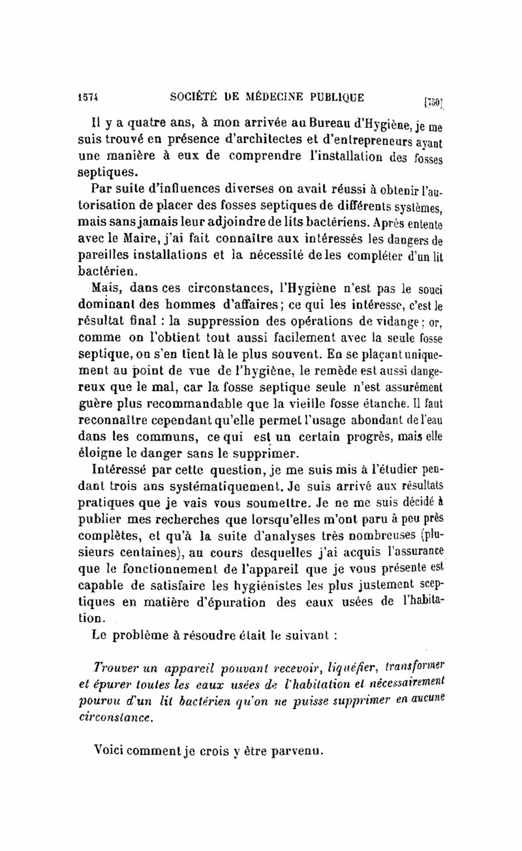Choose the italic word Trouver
[117, 668]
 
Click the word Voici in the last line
[113, 752]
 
